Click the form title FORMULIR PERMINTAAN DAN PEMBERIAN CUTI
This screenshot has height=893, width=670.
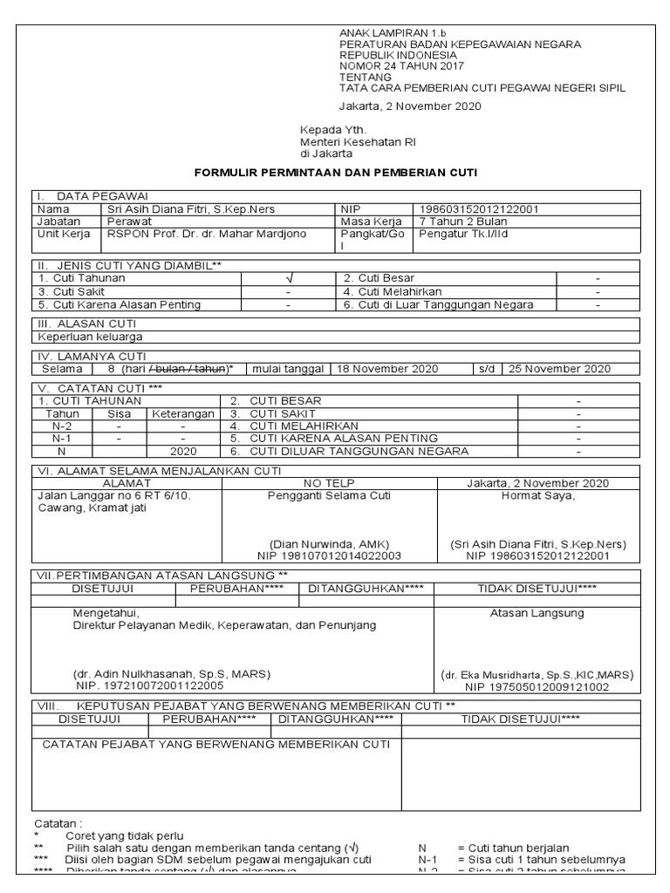pos(335,173)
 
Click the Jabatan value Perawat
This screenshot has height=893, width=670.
pos(125,222)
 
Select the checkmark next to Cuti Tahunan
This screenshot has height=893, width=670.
pos(287,278)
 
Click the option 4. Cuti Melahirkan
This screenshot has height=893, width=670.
pos(392,291)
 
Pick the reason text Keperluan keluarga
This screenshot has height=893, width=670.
pos(90,336)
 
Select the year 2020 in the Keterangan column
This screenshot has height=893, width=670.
pos(183,452)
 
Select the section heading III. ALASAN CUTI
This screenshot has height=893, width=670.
pos(86,323)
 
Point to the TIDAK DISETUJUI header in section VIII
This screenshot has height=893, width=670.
pos(521,719)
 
